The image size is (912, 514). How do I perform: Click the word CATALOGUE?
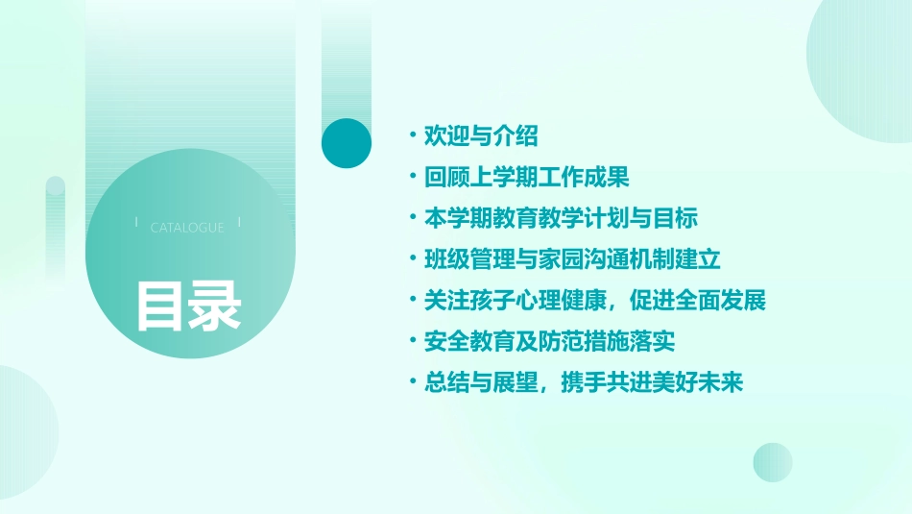[187, 228]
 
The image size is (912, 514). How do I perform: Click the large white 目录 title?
[188, 305]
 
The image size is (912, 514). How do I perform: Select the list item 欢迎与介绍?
[481, 136]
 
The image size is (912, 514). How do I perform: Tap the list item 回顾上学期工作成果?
[526, 178]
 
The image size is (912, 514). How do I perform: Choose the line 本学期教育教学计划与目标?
[561, 218]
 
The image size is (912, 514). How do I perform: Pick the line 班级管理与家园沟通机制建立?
[572, 259]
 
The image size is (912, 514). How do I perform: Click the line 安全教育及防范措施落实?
[549, 341]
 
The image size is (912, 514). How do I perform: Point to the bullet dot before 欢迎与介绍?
[412, 136]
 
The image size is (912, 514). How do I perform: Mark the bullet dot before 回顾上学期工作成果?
[412, 178]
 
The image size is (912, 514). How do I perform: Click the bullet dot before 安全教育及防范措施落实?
[412, 341]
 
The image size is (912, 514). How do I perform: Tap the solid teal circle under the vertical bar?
[347, 143]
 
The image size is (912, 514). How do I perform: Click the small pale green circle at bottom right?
[773, 462]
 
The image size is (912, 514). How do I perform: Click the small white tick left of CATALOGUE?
[136, 223]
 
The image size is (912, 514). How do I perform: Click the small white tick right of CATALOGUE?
[239, 223]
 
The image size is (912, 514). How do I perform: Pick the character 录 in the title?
[215, 305]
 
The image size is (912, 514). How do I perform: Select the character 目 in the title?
[159, 305]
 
